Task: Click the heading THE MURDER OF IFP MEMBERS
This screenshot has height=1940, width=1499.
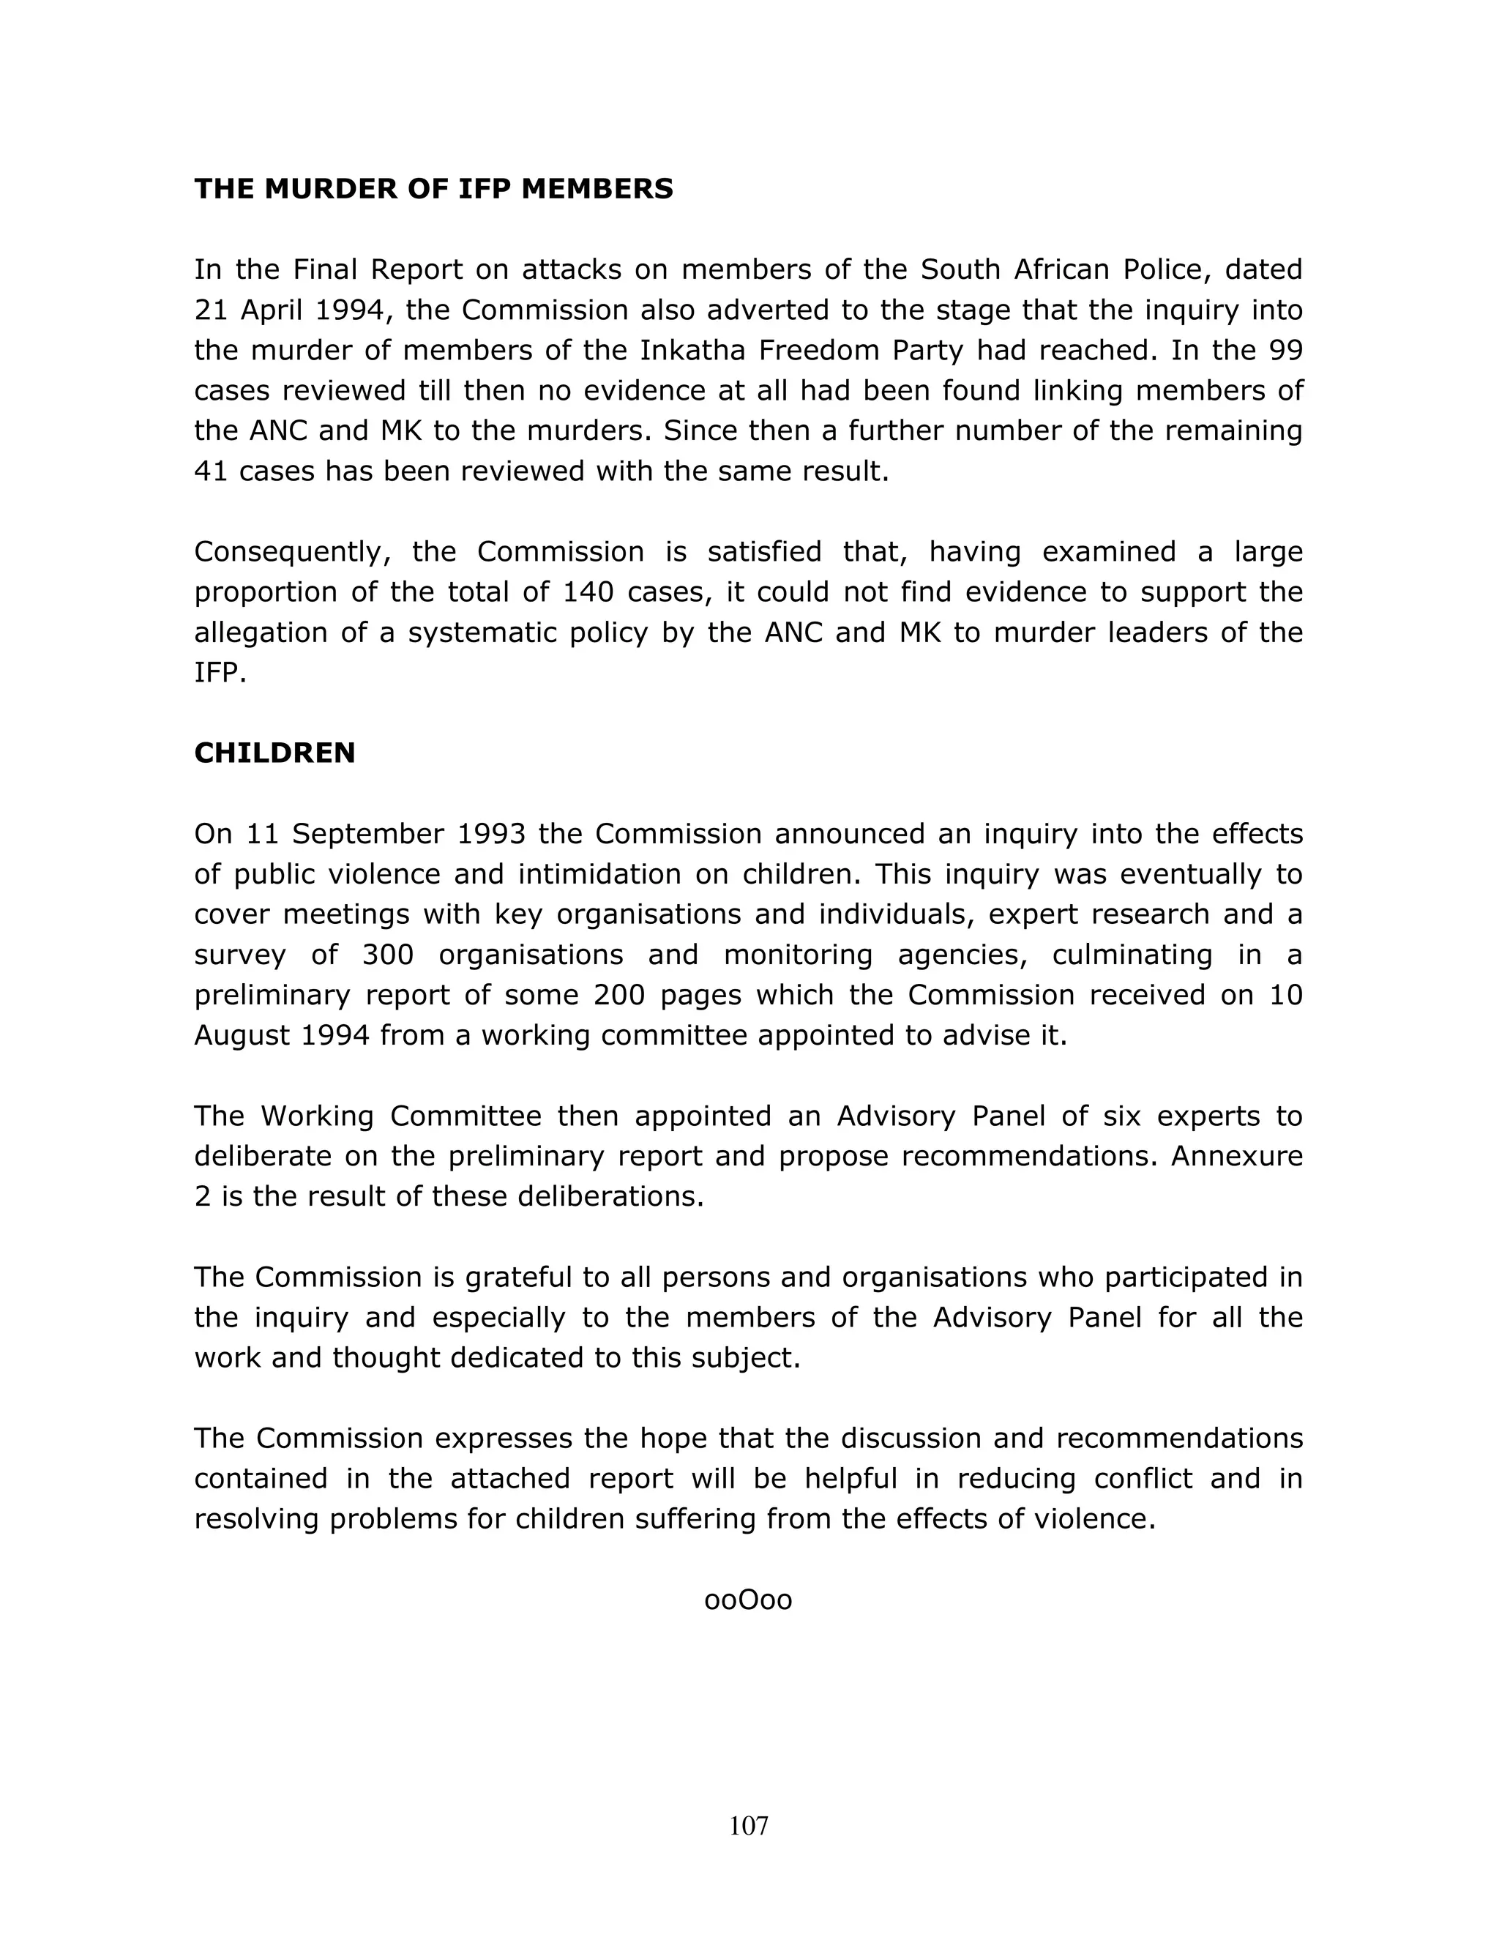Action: tap(433, 189)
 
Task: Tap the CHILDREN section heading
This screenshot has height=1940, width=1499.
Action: tap(274, 753)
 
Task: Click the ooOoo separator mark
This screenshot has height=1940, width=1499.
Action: tap(748, 1600)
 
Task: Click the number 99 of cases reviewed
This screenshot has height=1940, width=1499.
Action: tap(1285, 351)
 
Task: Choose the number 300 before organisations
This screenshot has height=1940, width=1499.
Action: tap(388, 955)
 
